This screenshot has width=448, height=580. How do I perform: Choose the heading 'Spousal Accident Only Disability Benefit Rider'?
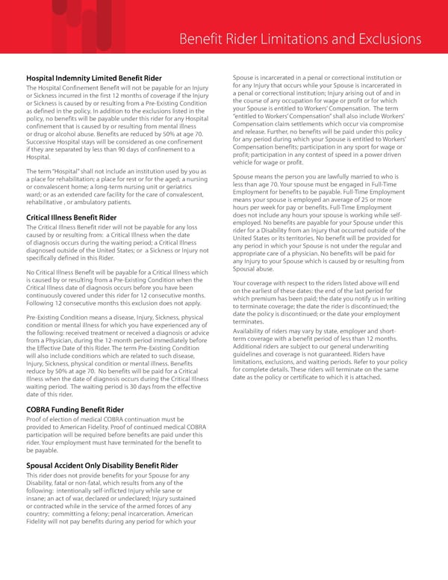[102, 466]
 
